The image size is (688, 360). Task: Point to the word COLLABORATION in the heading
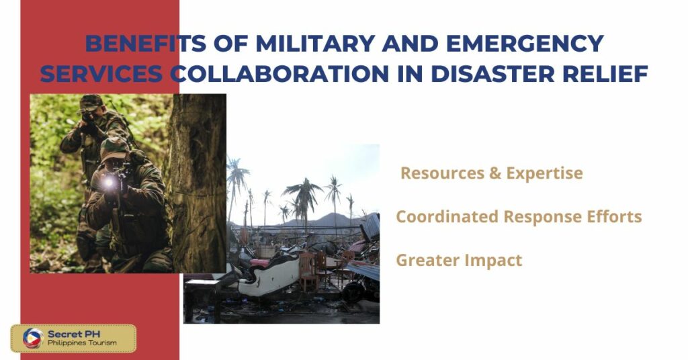tap(279, 73)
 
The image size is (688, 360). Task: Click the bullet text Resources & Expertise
tap(491, 173)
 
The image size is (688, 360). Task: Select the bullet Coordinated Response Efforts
tap(519, 217)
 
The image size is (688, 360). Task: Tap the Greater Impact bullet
tap(459, 260)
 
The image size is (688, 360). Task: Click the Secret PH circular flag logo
tap(32, 338)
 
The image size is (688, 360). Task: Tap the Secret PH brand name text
tap(73, 333)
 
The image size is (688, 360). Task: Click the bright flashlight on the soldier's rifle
tap(107, 182)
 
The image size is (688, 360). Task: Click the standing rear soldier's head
tap(90, 106)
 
